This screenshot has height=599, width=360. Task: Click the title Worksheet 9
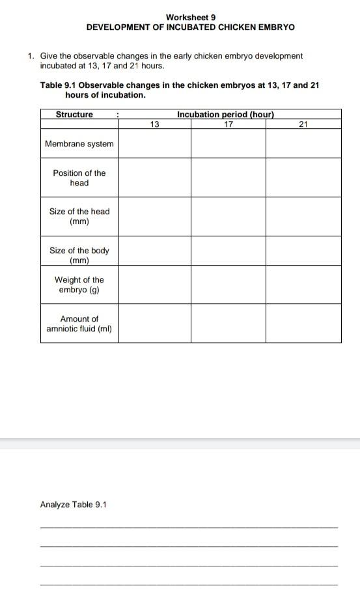coord(191,18)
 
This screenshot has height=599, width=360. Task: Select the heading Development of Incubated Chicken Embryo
coord(191,27)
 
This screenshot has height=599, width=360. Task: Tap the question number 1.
coord(31,56)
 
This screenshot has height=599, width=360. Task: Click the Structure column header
coord(74,115)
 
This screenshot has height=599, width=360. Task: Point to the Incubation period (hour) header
coord(225,115)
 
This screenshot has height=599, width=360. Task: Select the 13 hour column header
coord(154,124)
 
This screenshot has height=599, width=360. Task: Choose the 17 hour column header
coord(228,124)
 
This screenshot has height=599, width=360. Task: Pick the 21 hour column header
coord(303,124)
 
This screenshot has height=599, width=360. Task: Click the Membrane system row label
coord(79,144)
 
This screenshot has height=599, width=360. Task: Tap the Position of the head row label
coord(79,178)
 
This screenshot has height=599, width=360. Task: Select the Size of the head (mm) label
coord(79,216)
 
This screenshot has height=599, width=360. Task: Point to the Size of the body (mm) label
coord(79,255)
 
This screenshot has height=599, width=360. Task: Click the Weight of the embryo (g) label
coord(79,285)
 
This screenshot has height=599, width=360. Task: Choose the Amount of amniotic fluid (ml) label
coord(79,324)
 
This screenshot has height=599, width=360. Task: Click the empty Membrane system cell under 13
coord(154,144)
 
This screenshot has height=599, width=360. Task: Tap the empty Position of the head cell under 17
coord(228,178)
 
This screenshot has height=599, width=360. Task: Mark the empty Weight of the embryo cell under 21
coord(303,285)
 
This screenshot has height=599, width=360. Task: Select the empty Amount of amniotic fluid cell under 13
coord(154,324)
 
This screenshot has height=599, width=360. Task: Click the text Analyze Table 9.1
coord(73,505)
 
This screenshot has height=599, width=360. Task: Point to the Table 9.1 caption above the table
coord(180,90)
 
